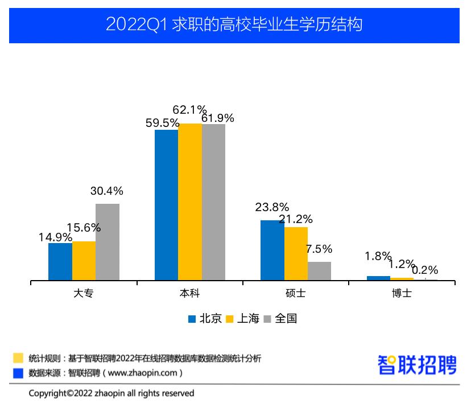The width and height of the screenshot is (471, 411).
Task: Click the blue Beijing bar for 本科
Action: [166, 205]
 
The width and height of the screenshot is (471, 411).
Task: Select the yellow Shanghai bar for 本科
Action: [190, 202]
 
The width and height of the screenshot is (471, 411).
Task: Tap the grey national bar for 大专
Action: [108, 242]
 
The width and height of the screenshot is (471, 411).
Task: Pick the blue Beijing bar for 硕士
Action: [272, 250]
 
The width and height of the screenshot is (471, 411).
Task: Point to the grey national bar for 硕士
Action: [319, 271]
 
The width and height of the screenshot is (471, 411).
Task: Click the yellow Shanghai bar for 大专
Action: [84, 261]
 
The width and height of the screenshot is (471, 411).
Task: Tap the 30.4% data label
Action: [107, 191]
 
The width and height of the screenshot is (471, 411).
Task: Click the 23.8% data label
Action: [271, 207]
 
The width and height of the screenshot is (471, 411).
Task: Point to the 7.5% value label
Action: [319, 249]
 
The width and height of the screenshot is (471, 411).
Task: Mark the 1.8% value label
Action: [378, 256]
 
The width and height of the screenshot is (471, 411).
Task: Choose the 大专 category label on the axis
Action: [84, 294]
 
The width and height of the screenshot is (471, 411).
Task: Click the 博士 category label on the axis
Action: [402, 294]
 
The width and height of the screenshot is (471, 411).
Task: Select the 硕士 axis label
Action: [295, 294]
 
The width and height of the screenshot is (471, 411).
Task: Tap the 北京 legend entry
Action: [205, 319]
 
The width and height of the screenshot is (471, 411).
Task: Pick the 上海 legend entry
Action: [243, 319]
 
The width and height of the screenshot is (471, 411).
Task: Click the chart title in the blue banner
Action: [234, 25]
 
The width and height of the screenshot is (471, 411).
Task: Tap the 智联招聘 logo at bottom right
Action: [417, 365]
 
